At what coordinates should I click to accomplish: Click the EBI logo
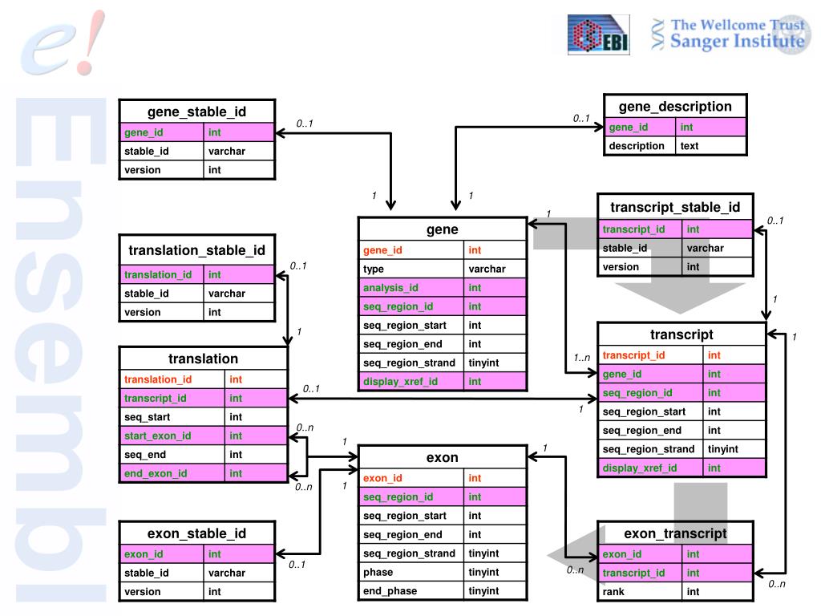coord(598,35)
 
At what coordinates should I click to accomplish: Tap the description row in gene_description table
coord(637,146)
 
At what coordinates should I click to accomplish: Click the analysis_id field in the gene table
coord(390,288)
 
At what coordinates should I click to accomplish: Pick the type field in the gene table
coord(374,269)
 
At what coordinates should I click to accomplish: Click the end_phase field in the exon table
coord(390,591)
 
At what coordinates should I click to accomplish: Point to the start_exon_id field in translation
coord(157,436)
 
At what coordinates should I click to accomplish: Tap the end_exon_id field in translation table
coord(156,473)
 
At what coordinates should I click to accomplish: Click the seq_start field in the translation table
coord(147,417)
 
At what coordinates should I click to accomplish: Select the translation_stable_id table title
coord(196,250)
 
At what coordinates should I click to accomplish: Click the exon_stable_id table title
coord(196,533)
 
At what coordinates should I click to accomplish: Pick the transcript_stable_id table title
coord(675,208)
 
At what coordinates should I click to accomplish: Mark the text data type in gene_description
coord(689,146)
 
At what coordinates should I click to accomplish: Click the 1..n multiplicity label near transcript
coord(581,358)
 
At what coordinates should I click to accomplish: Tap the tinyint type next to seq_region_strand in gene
coord(483,363)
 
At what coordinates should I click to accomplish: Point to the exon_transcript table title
coord(675,533)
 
